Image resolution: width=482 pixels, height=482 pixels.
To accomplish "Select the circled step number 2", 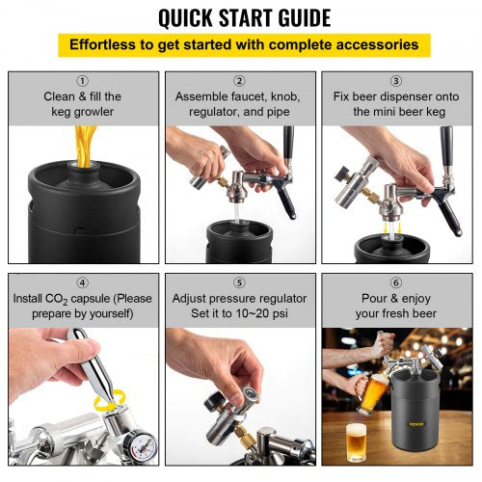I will (x=240, y=81).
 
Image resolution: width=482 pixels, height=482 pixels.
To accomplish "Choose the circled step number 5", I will (x=240, y=282).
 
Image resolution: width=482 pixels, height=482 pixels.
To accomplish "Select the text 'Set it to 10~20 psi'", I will (x=240, y=313).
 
